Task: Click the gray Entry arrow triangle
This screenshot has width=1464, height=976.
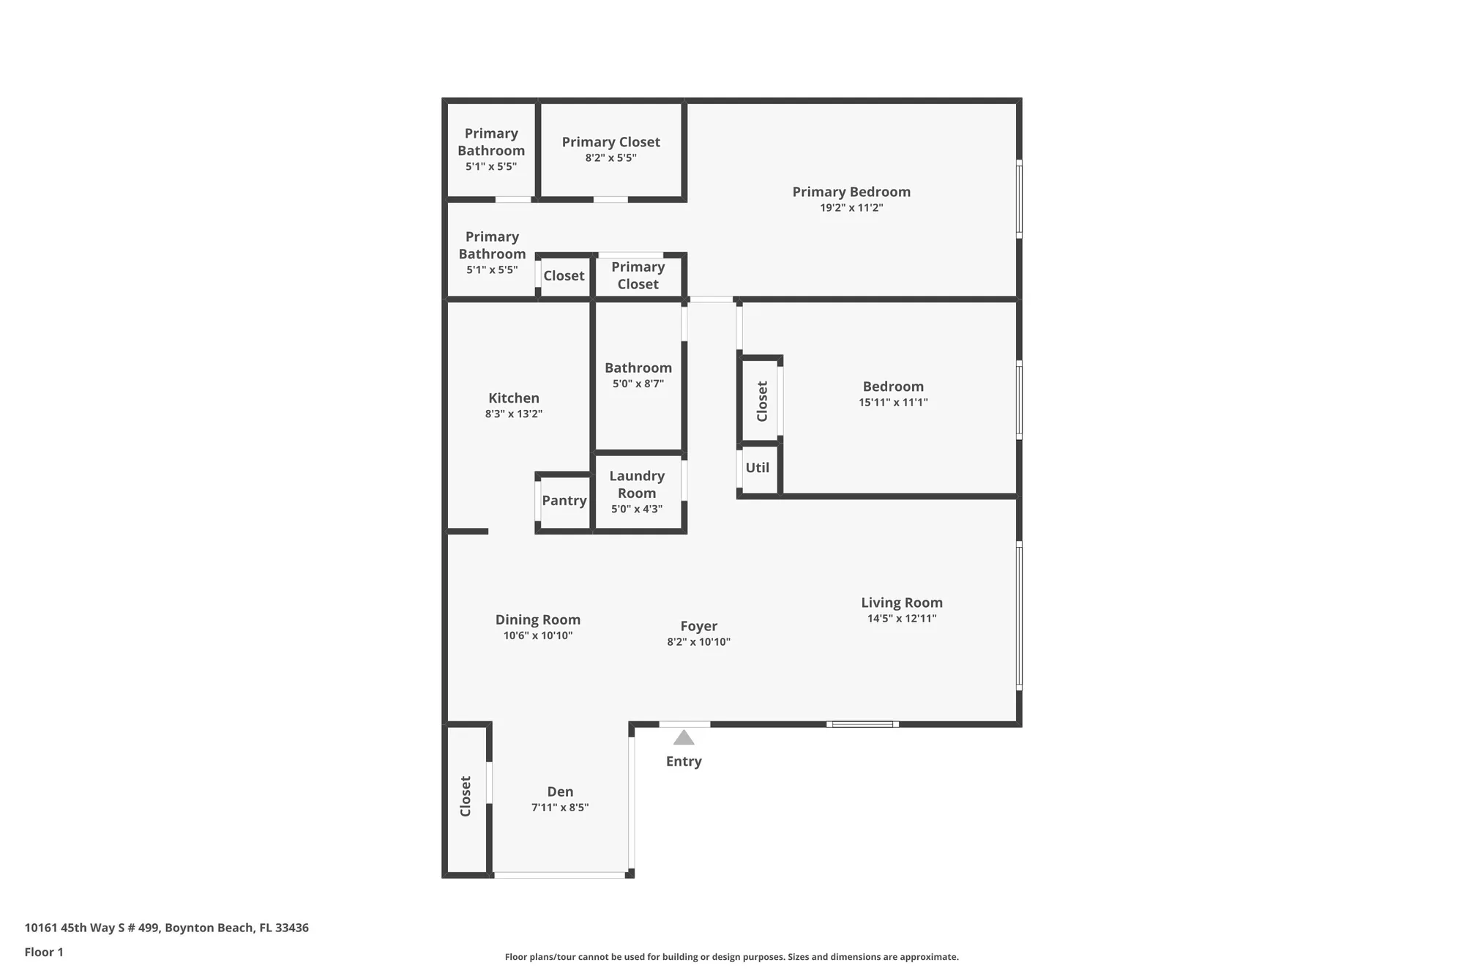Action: pyautogui.click(x=684, y=738)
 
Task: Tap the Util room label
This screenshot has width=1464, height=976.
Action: pyautogui.click(x=757, y=468)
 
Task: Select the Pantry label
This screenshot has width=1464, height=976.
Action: pyautogui.click(x=564, y=501)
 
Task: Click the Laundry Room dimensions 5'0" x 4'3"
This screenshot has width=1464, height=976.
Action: pyautogui.click(x=637, y=509)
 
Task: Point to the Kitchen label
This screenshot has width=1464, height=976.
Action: pyautogui.click(x=513, y=398)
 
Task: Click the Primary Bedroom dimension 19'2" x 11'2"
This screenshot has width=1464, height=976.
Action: pyautogui.click(x=851, y=208)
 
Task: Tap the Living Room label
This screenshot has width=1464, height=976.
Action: pyautogui.click(x=901, y=603)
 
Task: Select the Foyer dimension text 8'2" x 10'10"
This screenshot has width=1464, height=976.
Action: pyautogui.click(x=698, y=642)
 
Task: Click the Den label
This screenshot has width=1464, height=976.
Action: pyautogui.click(x=560, y=791)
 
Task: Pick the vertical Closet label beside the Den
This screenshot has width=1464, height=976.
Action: pyautogui.click(x=466, y=796)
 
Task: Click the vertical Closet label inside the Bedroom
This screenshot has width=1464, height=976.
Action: pyautogui.click(x=762, y=401)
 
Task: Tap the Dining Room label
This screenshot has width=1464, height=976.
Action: pyautogui.click(x=537, y=620)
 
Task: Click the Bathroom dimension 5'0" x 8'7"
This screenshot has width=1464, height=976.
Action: pyautogui.click(x=638, y=384)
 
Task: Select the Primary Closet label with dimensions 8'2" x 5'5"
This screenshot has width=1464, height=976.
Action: pyautogui.click(x=610, y=142)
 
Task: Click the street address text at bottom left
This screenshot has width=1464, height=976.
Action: pyautogui.click(x=166, y=928)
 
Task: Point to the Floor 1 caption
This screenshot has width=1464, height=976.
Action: pyautogui.click(x=44, y=952)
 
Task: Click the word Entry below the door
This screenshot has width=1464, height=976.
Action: pyautogui.click(x=684, y=761)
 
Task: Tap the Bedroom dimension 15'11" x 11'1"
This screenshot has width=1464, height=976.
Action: pyautogui.click(x=893, y=403)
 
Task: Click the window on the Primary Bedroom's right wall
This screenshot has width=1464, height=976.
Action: pyautogui.click(x=1019, y=199)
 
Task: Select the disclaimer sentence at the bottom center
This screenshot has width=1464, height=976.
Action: pyautogui.click(x=731, y=957)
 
